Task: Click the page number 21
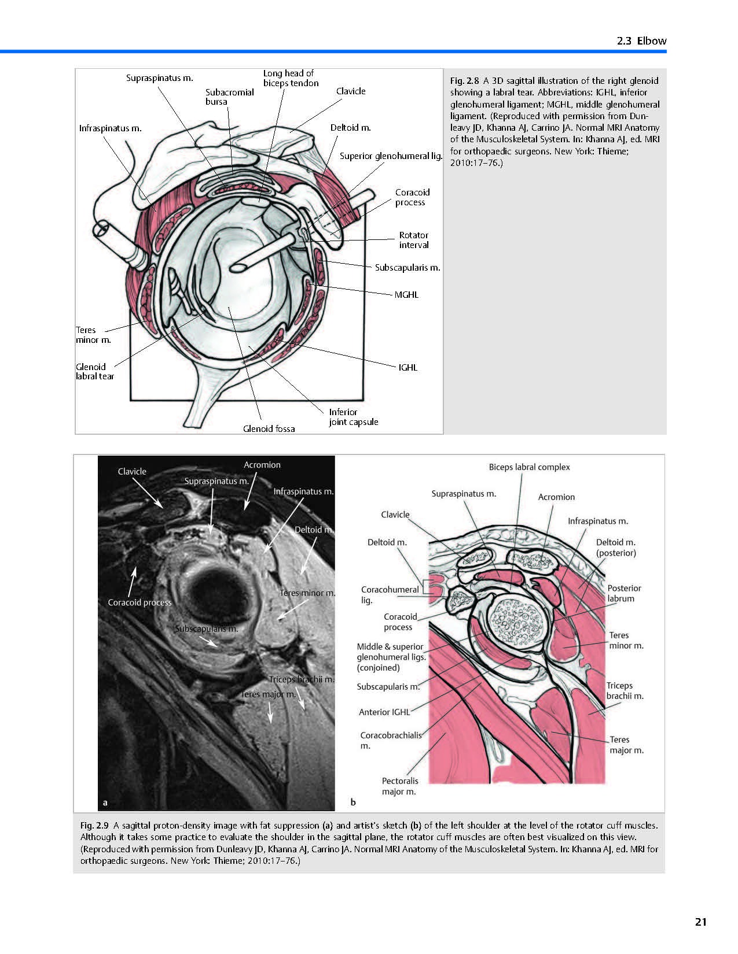(701, 922)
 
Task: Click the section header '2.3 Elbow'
(641, 41)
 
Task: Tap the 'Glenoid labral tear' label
(95, 371)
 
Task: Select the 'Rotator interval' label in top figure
(414, 240)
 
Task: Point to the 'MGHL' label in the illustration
(406, 295)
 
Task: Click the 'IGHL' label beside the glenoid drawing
(407, 367)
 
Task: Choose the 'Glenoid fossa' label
(269, 428)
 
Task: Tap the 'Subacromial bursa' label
(229, 97)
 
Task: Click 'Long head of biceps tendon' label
(291, 78)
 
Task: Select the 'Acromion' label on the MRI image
(262, 465)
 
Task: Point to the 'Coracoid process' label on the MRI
(139, 602)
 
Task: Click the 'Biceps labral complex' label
(529, 467)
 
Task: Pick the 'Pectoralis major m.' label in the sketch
(400, 786)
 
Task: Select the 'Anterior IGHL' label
(384, 712)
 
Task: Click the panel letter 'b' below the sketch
(353, 802)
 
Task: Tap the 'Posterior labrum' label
(624, 593)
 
